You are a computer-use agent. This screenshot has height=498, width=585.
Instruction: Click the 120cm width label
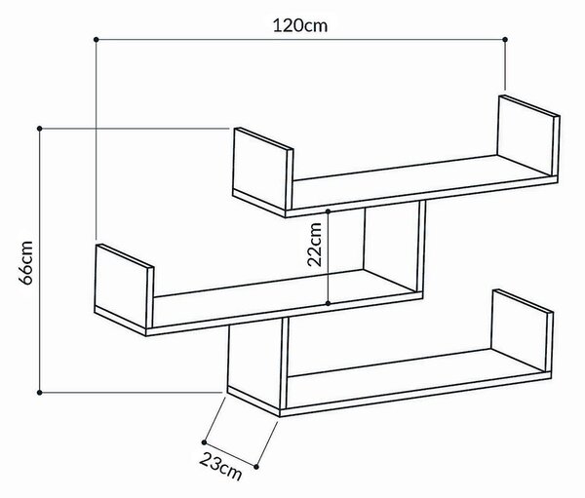(300, 25)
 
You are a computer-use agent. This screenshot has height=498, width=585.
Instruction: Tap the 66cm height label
(26, 262)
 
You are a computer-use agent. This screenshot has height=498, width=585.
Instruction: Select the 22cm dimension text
(314, 245)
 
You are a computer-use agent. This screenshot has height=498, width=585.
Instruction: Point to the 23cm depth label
(221, 466)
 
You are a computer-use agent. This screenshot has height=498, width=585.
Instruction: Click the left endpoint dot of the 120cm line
(96, 39)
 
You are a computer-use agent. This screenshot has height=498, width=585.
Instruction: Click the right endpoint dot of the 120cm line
(505, 39)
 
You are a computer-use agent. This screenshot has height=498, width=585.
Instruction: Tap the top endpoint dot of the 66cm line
(40, 129)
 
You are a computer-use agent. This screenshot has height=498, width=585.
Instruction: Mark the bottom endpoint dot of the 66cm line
(40, 393)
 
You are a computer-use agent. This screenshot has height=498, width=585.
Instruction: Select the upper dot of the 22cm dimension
(328, 211)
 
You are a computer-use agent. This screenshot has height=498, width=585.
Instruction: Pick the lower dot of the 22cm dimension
(328, 303)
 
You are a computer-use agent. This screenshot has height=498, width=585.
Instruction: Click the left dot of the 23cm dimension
(204, 442)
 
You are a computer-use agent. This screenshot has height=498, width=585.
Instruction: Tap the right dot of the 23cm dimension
(256, 467)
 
